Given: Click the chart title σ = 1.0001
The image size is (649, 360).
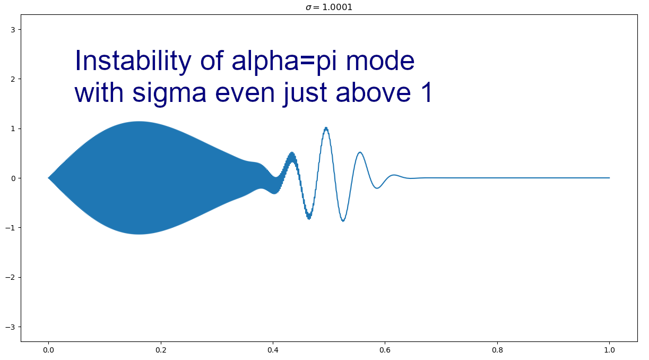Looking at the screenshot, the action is [329, 7].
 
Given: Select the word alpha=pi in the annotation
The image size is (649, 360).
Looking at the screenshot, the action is [284, 63].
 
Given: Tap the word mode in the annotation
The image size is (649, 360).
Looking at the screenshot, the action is [380, 62].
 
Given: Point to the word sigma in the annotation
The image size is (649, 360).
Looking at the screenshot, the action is [169, 94].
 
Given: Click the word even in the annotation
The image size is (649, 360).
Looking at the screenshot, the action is [245, 93].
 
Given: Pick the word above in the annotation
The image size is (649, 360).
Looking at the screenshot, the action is [373, 92].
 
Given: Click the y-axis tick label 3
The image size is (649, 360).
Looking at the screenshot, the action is [13, 30].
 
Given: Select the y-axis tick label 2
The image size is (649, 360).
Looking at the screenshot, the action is [13, 79].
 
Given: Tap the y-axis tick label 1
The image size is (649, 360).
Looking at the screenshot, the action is [13, 128].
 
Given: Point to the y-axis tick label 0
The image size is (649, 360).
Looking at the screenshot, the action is [13, 178].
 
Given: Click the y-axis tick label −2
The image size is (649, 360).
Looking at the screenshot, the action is [11, 278].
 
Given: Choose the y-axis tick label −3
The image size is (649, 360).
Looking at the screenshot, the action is [11, 327].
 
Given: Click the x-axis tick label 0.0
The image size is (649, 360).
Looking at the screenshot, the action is [48, 350].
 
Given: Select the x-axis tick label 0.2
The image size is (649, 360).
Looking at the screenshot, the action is [161, 350].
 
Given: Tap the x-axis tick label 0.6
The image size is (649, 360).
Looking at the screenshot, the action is [385, 350].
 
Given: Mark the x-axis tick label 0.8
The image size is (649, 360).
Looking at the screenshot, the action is [497, 350].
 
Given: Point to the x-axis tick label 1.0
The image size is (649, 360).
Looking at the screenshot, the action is [610, 350].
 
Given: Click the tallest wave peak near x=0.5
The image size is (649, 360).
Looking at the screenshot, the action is [326, 128].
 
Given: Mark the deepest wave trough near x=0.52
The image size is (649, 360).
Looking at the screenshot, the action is [343, 221].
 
